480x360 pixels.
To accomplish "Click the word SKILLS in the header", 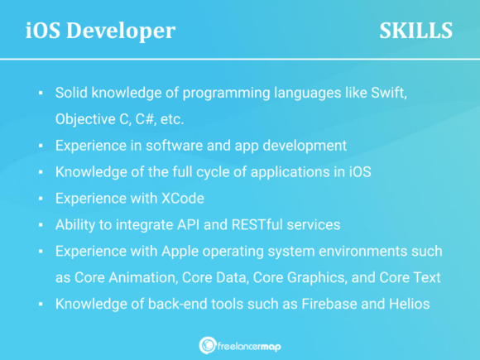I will pyautogui.click(x=415, y=31).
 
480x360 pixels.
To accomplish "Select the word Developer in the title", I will pyautogui.click(x=128, y=31).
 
